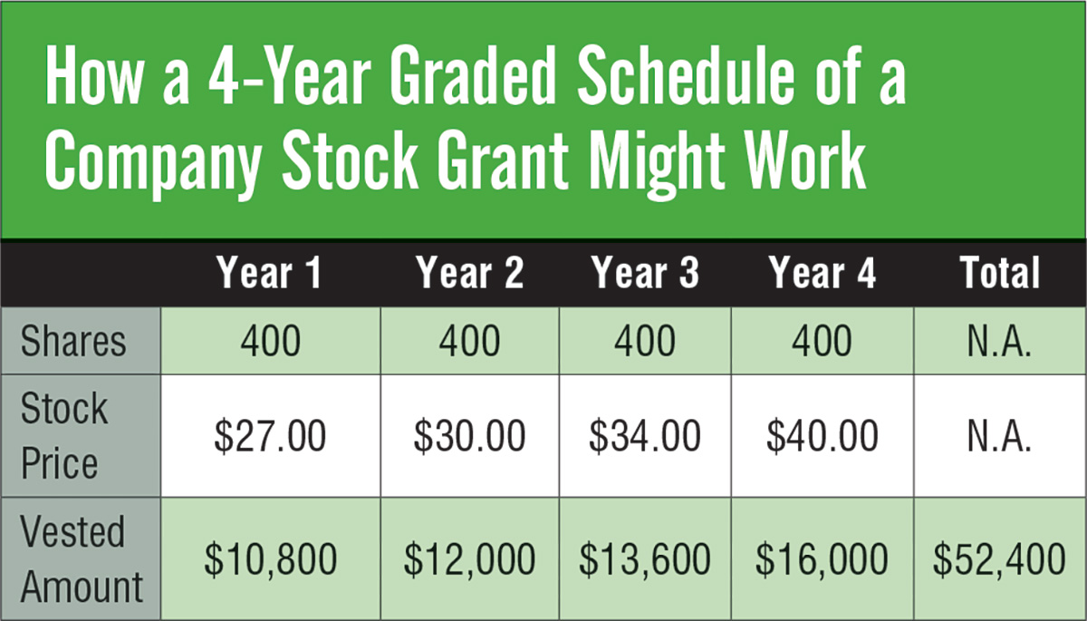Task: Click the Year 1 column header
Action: [x=269, y=272]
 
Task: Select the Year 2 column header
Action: [x=470, y=272]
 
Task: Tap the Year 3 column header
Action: [x=645, y=272]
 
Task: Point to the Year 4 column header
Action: [x=822, y=272]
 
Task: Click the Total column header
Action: [x=1000, y=272]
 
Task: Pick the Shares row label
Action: [x=73, y=341]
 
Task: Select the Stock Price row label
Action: [x=64, y=435]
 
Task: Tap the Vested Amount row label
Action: [x=82, y=558]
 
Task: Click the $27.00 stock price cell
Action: [x=270, y=436]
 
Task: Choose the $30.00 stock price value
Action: [x=469, y=436]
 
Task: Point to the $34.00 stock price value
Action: [x=645, y=436]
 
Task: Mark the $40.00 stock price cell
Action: [x=822, y=436]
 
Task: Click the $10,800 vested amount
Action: [x=270, y=560]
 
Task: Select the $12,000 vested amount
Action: [x=469, y=560]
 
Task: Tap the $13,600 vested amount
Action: [x=645, y=560]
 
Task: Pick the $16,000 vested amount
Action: [x=822, y=560]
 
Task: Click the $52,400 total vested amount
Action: [x=1000, y=560]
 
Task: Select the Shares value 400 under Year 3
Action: [x=645, y=341]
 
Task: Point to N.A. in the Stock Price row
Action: [x=999, y=436]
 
